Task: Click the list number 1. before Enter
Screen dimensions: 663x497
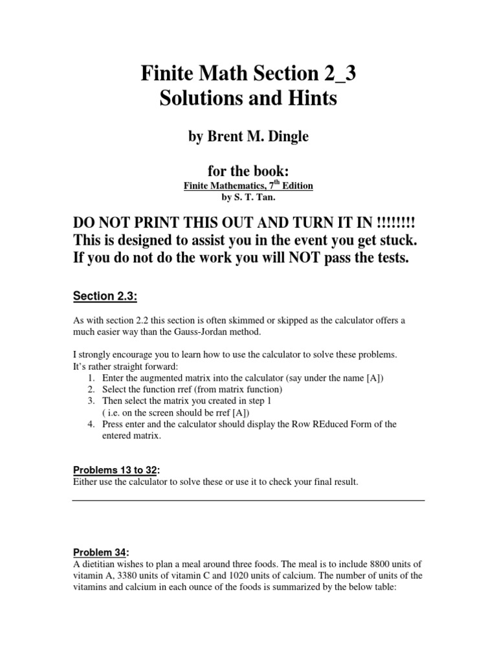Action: click(90, 378)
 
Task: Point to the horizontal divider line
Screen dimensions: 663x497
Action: click(248, 500)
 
